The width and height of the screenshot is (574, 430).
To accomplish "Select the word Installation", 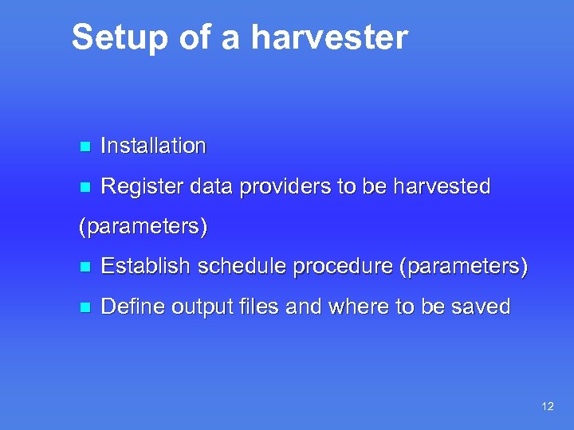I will coord(154,146).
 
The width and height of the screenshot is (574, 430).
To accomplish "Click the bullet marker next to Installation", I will coord(85,147).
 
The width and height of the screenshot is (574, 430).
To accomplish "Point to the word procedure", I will coord(344,267).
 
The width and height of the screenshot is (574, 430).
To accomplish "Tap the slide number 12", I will coord(547,406).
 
